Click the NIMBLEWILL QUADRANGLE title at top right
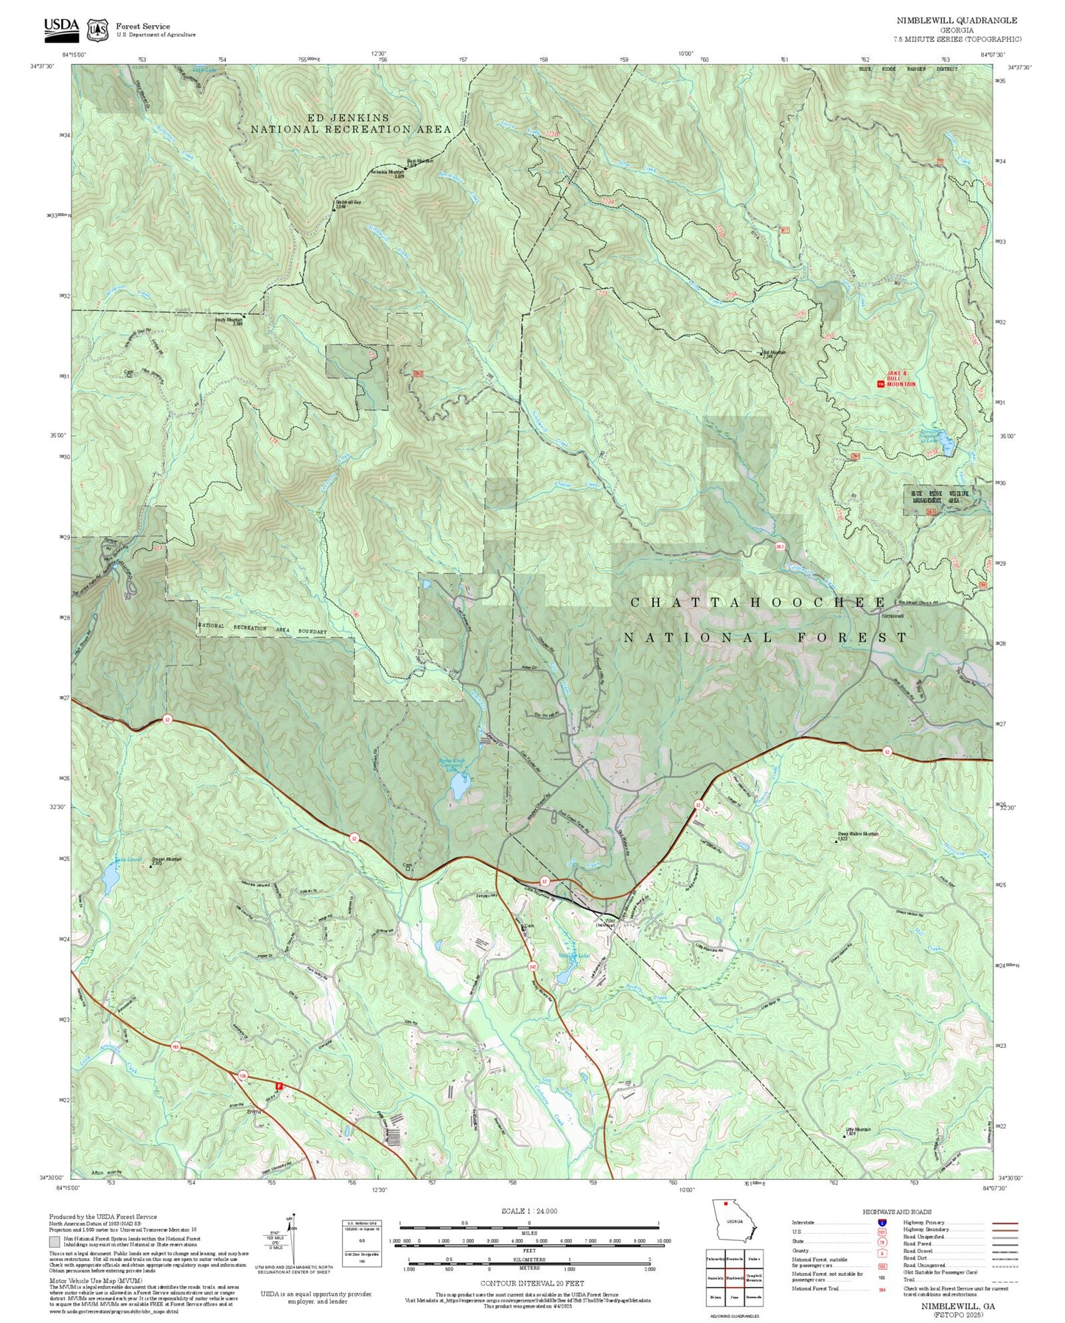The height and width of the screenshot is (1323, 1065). (957, 21)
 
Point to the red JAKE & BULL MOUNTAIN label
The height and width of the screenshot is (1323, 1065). (901, 379)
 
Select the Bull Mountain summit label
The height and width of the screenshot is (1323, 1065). (774, 354)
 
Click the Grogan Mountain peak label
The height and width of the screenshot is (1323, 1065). (167, 861)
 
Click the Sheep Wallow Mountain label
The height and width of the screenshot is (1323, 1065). (858, 835)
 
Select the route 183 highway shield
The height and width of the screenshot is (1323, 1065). (175, 1046)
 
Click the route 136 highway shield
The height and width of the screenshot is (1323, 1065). (242, 1075)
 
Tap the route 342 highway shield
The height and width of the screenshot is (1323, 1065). (532, 965)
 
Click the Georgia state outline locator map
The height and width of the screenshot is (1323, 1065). (733, 1223)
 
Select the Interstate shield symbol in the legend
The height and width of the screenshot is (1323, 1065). (881, 1222)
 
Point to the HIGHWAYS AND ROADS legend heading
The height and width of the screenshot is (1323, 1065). (897, 1212)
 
